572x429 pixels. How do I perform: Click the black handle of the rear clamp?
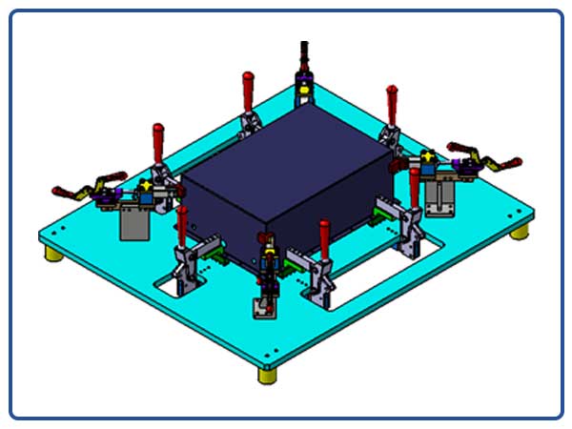point(304,51)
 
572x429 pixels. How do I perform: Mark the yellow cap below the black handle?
point(304,92)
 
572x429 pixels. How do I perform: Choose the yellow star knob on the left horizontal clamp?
point(145,184)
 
